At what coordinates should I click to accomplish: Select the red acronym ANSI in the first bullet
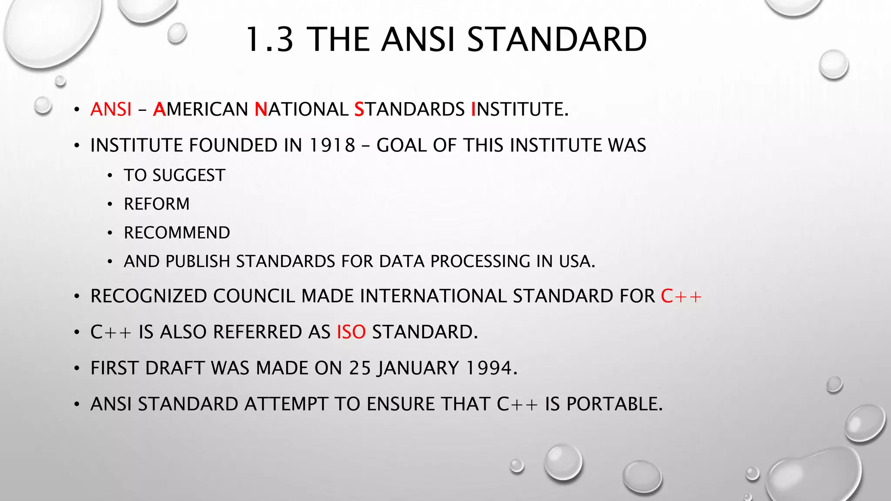pos(111,109)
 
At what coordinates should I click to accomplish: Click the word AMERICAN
pos(201,109)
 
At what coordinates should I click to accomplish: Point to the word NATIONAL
pos(301,109)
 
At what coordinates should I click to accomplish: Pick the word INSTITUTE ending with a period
pos(520,109)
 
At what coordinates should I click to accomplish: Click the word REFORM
pos(157,204)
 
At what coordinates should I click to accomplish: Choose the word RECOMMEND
pos(177,233)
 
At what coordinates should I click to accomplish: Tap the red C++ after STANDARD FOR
pos(681,296)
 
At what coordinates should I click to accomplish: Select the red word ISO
pos(351,332)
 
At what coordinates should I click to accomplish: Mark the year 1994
pos(491,368)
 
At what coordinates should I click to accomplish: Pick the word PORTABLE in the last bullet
pos(614,404)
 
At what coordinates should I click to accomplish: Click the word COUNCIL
pos(254,296)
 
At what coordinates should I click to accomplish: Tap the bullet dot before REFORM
pos(110,204)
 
